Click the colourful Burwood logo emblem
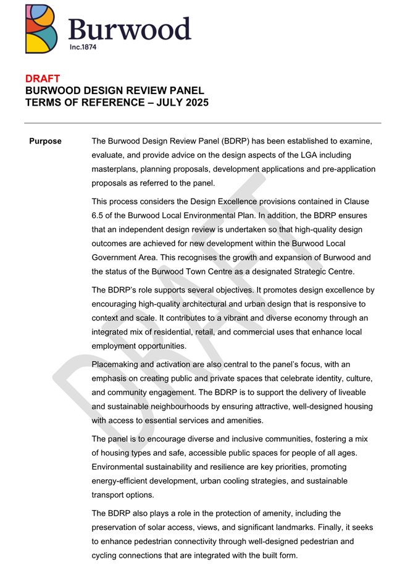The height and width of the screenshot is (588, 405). tap(44, 27)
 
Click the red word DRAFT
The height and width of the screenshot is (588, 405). tap(43, 79)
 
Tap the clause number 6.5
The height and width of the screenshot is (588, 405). tap(100, 216)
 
